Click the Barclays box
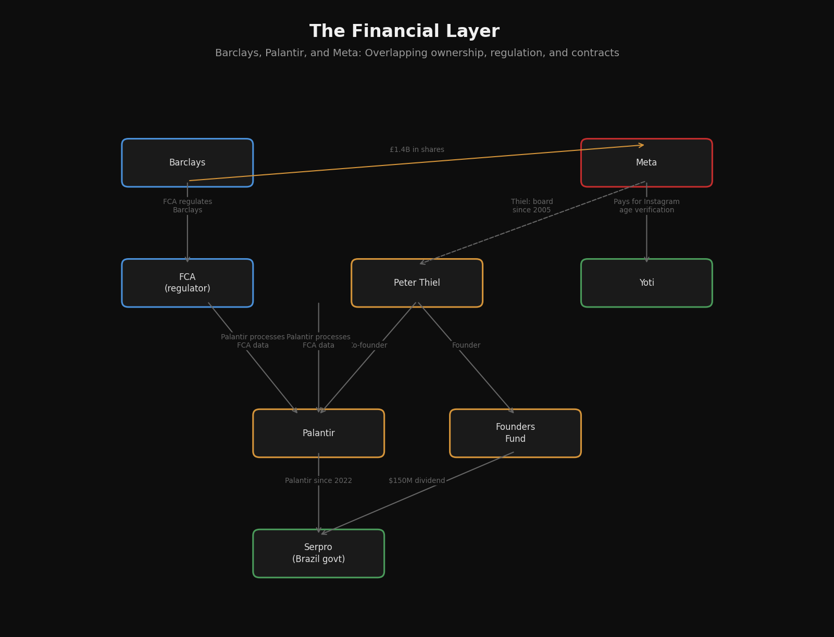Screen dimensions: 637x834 click(x=188, y=163)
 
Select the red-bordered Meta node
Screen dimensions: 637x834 click(x=646, y=163)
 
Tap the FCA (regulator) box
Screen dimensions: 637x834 click(x=188, y=283)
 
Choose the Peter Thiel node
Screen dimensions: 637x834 click(x=417, y=283)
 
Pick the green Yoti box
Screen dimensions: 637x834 click(x=646, y=283)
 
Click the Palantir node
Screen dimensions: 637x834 click(x=318, y=434)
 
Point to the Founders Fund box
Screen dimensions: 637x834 click(x=515, y=434)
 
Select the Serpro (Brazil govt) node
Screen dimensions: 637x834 click(x=318, y=554)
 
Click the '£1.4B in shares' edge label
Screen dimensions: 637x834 click(x=417, y=150)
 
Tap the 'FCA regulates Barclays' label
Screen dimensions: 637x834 click(x=188, y=206)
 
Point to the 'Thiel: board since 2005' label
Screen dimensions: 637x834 click(x=532, y=206)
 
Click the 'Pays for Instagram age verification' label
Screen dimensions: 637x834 click(x=646, y=206)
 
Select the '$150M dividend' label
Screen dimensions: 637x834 click(x=417, y=481)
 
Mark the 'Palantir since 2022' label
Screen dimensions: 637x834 click(x=318, y=481)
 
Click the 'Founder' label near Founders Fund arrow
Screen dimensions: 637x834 click(x=466, y=346)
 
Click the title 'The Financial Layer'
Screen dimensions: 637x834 click(x=404, y=32)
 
